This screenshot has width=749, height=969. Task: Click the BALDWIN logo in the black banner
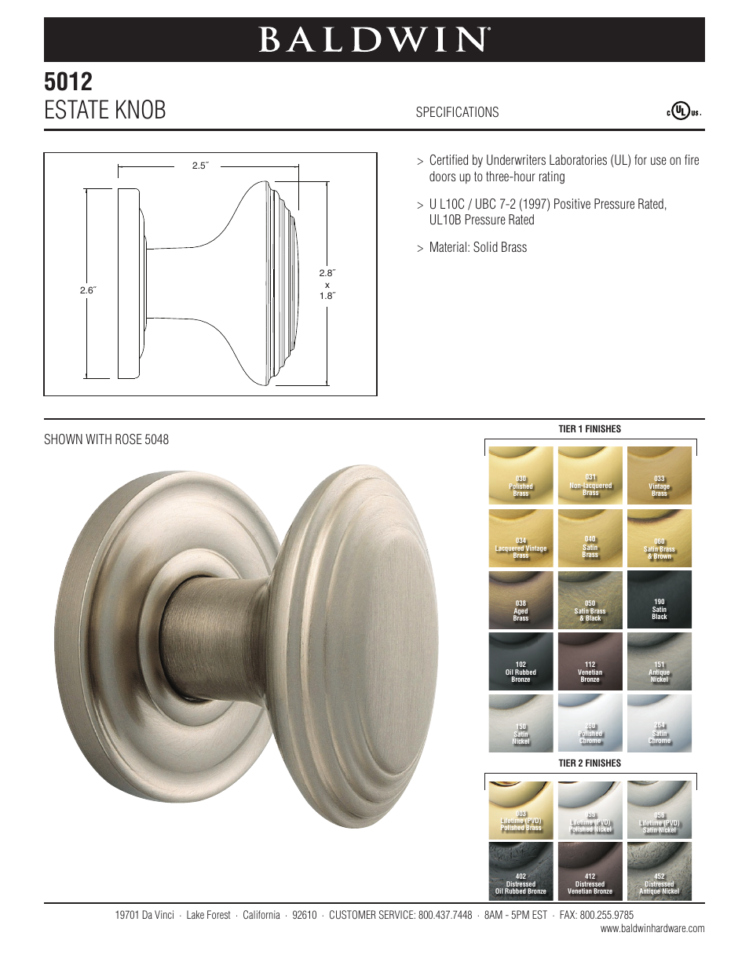tap(374, 39)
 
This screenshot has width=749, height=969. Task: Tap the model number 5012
tap(68, 82)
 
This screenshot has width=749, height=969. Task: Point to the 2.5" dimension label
tap(200, 166)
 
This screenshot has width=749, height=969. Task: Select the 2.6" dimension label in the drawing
tap(88, 290)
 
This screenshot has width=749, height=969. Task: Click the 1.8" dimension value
tap(327, 296)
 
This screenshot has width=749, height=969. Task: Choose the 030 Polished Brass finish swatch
tap(521, 475)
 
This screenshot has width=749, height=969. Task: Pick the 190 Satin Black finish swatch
tap(659, 600)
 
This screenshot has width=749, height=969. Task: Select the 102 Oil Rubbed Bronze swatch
tap(521, 662)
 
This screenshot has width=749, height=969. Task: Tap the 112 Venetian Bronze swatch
tap(590, 662)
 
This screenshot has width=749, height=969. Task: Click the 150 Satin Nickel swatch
tap(521, 723)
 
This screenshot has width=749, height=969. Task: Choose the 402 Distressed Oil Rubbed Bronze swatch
tap(521, 870)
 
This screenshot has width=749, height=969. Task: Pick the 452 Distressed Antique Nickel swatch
tap(659, 870)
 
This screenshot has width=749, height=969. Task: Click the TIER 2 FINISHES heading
tap(590, 763)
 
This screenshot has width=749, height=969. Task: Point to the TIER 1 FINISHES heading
tap(590, 429)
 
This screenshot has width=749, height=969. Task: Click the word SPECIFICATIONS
tap(457, 112)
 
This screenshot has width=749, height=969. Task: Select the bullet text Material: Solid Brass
tap(477, 247)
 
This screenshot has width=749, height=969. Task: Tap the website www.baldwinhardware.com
tap(652, 929)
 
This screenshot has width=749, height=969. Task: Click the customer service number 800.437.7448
tap(445, 915)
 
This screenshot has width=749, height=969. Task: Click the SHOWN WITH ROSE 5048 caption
tap(106, 439)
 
